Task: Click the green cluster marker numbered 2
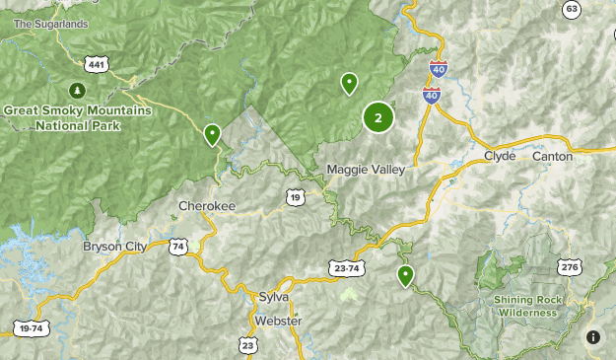click(378, 117)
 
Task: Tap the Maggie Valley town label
click(366, 170)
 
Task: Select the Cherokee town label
click(207, 206)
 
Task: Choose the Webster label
click(278, 321)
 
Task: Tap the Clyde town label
click(500, 156)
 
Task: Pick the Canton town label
click(552, 156)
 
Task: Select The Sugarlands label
click(50, 24)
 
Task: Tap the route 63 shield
click(573, 9)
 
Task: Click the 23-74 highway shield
click(345, 267)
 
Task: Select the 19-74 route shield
click(31, 327)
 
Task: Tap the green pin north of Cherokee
click(212, 134)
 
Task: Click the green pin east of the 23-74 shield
click(405, 275)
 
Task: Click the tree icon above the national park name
click(78, 92)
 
